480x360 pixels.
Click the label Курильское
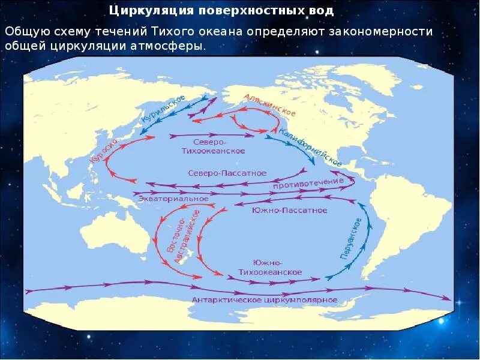click(x=163, y=110)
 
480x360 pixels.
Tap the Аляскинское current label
click(x=269, y=104)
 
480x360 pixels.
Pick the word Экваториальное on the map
click(x=173, y=198)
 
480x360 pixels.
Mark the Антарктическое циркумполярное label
click(x=264, y=299)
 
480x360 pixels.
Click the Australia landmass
click(x=114, y=231)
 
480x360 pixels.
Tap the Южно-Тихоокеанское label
click(x=277, y=268)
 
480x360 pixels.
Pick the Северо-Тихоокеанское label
click(x=212, y=146)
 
